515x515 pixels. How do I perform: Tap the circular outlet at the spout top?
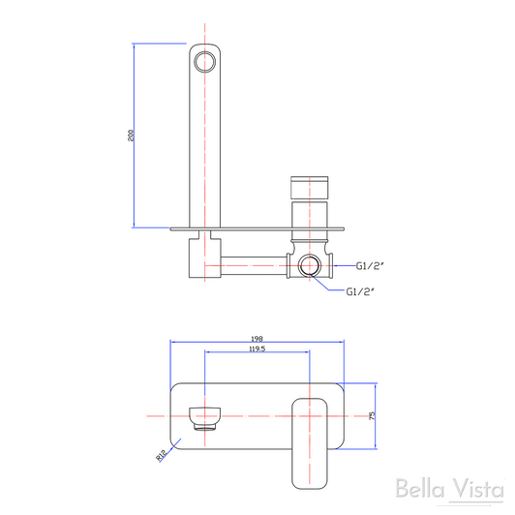coord(203,63)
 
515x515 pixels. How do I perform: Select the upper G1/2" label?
coord(370,263)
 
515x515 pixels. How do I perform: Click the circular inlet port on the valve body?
coord(312,263)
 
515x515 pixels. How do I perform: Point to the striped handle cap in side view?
coord(312,186)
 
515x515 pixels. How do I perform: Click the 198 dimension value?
coord(257,335)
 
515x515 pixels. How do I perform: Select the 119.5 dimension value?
coord(257,348)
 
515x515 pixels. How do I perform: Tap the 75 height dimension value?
coord(371,414)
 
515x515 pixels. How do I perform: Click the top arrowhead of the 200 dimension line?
coord(132,45)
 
